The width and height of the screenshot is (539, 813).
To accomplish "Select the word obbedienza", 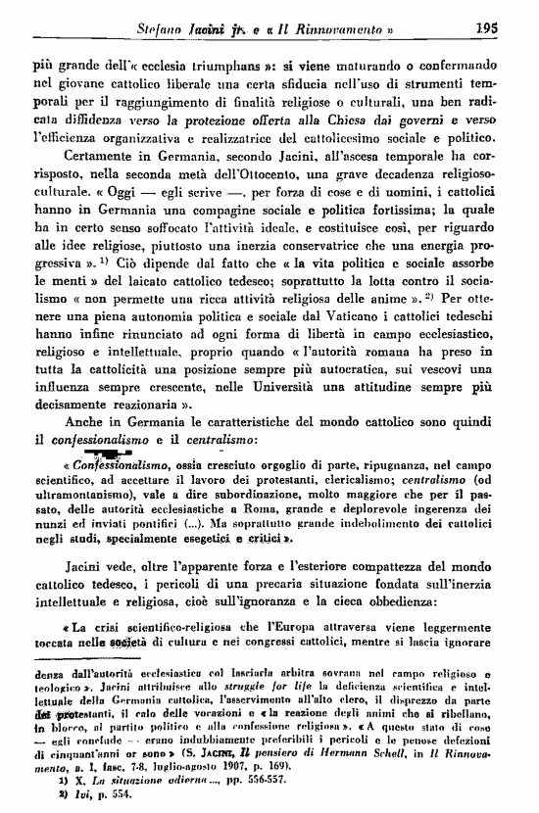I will (x=461, y=595).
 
